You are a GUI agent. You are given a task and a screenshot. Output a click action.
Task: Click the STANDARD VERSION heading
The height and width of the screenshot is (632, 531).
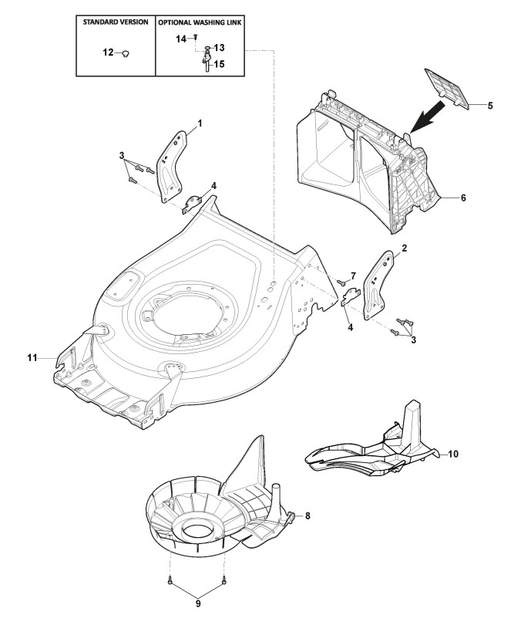(x=116, y=22)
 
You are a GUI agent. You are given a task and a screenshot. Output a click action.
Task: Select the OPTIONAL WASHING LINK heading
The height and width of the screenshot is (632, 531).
(x=200, y=22)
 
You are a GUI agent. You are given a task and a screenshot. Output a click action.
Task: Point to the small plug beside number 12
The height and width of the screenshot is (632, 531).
(x=126, y=52)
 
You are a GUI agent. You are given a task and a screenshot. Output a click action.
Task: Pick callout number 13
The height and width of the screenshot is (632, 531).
(x=219, y=48)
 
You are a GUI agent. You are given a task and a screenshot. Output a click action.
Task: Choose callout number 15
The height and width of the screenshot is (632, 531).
(x=220, y=64)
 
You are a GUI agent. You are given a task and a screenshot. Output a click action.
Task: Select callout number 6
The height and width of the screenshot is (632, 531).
(x=463, y=198)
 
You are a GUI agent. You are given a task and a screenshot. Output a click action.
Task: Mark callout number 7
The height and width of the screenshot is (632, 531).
(x=353, y=275)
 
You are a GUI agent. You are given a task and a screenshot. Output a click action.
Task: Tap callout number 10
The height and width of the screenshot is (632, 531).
(x=452, y=454)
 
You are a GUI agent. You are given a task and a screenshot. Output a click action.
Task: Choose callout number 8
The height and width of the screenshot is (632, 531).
(x=308, y=516)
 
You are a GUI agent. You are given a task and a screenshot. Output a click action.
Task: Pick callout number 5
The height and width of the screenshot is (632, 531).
(x=490, y=103)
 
